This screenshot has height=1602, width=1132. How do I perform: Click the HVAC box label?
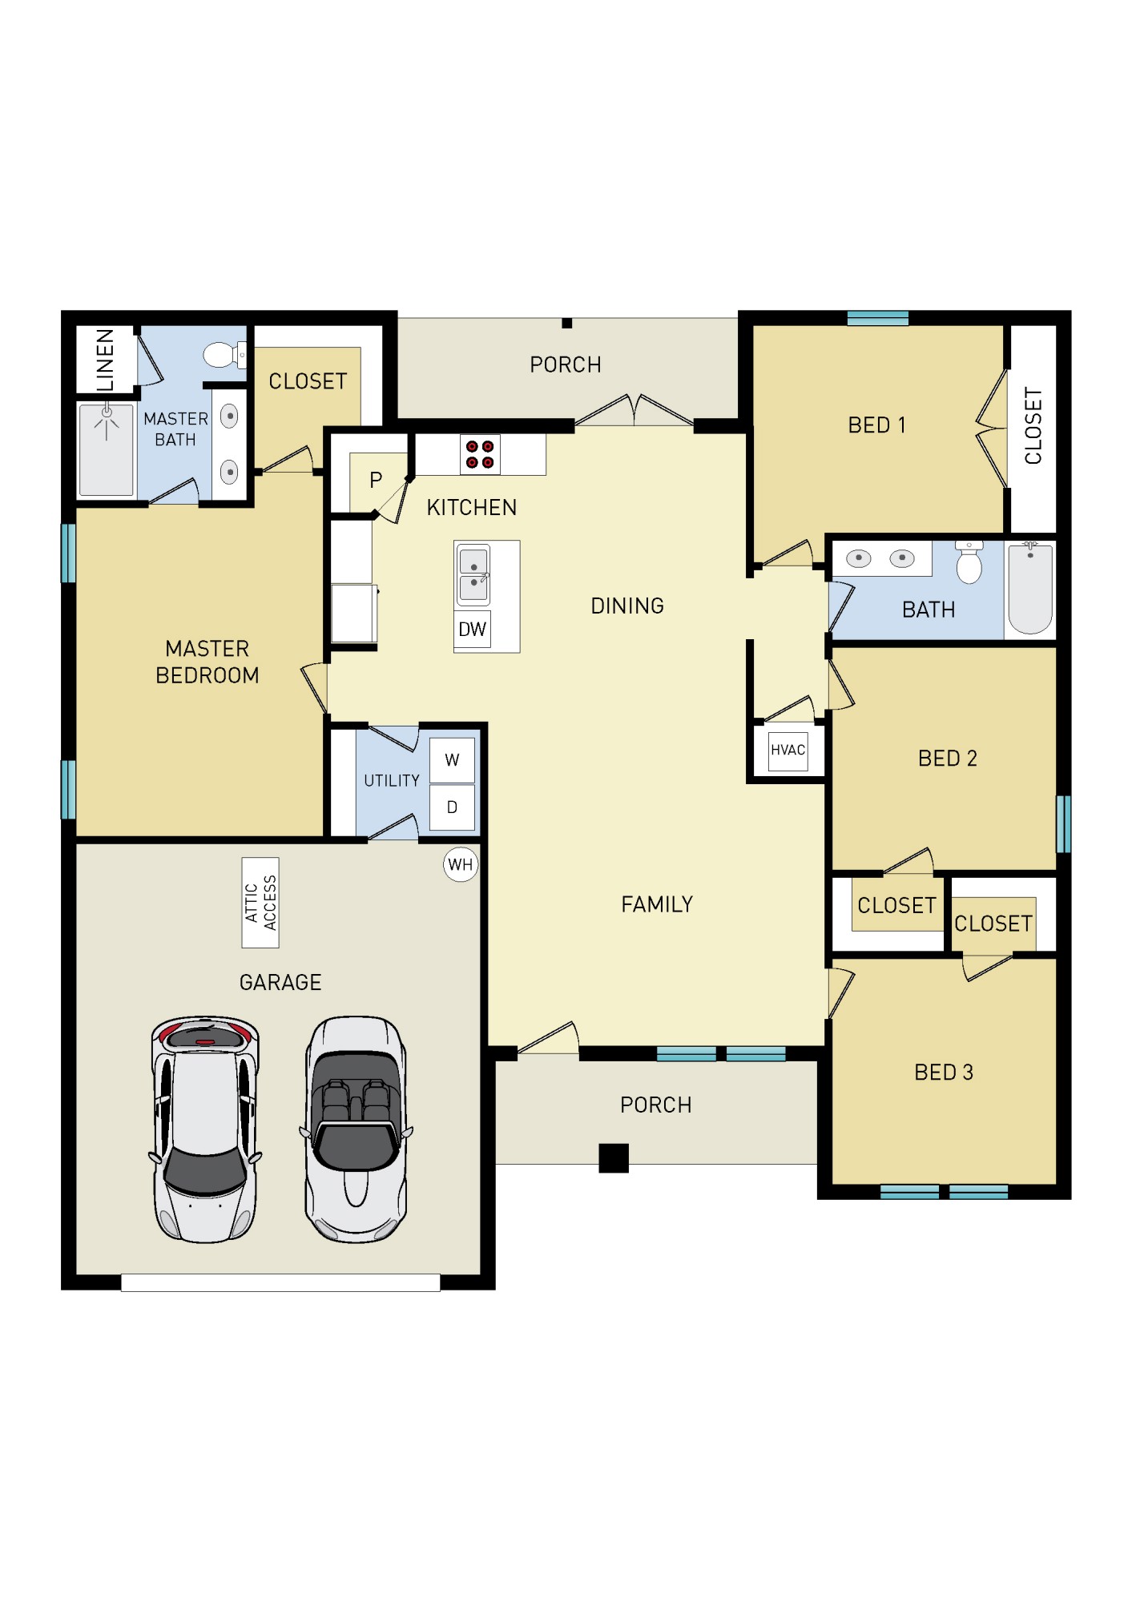pos(788,751)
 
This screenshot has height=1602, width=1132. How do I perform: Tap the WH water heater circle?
pos(460,864)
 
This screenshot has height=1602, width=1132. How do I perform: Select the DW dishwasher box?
pos(472,630)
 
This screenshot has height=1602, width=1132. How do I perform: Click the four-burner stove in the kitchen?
pos(479,454)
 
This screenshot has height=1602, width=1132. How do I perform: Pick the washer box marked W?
pos(452,760)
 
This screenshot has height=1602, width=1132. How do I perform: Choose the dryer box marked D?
pos(452,807)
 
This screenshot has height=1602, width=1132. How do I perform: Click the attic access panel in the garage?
pos(260,903)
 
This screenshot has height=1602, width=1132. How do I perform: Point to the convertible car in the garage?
pos(356,1129)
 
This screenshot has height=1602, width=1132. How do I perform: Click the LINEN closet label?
pos(105,359)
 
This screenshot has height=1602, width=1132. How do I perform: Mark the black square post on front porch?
pos(614,1157)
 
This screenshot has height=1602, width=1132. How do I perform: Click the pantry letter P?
pos(376,481)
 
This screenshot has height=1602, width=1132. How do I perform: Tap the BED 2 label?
pos(947,759)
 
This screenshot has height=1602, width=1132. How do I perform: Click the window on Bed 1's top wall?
pos(877,319)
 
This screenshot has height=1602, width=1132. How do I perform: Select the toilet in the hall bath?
pos(969,563)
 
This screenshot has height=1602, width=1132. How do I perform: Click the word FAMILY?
pos(656,904)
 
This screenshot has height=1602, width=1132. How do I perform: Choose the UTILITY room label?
pos(391,781)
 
